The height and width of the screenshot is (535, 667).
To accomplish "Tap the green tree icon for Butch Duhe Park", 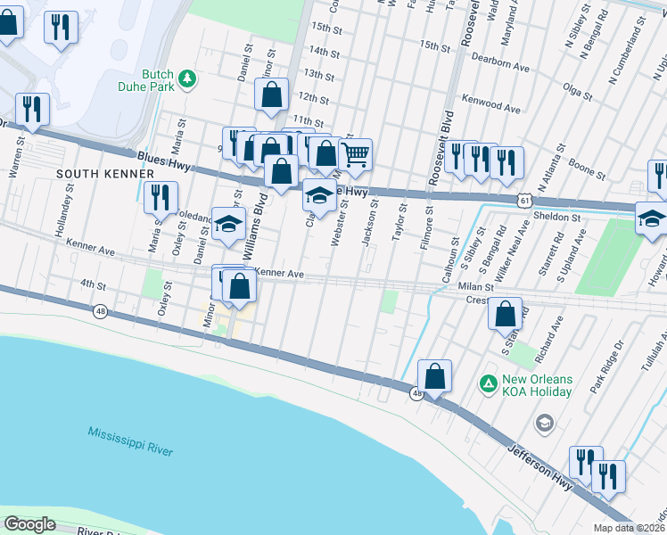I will coord(187,79).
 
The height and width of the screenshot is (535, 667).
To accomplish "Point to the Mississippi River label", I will coord(130,441).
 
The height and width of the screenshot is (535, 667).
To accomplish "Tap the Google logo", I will coord(30,524).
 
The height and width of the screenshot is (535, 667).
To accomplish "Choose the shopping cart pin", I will coord(355,155).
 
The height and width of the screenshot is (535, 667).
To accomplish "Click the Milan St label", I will coord(477,287).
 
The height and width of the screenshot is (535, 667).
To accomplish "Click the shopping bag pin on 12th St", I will coord(272,95).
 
